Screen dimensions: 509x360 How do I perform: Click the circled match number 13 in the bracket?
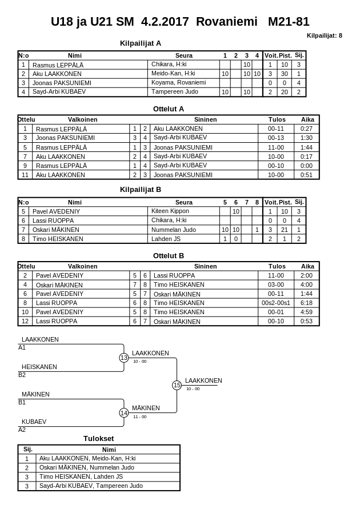[x=124, y=358]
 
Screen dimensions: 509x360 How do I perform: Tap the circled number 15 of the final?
[x=177, y=385]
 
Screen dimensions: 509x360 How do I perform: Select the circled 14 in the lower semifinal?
[x=124, y=412]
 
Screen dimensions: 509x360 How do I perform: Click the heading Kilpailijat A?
[x=141, y=43]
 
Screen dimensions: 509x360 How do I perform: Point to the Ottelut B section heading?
[x=169, y=255]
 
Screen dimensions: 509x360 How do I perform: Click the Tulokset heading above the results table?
[x=99, y=438]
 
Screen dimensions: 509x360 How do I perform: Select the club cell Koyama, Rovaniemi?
[x=177, y=82]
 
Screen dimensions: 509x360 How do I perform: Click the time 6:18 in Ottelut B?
[x=307, y=303]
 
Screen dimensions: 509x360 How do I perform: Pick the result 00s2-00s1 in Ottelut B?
[x=276, y=303]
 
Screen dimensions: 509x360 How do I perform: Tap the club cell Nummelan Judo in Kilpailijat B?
[x=174, y=230]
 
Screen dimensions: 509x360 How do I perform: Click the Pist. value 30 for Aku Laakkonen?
[x=285, y=74]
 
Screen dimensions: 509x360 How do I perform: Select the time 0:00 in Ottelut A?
[x=307, y=166]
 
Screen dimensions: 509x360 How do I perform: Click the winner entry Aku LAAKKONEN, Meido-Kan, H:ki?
[x=87, y=458]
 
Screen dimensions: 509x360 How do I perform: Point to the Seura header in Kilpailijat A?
[x=183, y=55]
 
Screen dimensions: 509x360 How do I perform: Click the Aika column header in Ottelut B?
[x=307, y=266]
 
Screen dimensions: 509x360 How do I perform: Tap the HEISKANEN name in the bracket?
[x=39, y=367]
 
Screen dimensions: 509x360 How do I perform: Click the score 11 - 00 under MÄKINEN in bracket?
[x=139, y=416]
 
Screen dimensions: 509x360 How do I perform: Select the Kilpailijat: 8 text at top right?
[x=324, y=35]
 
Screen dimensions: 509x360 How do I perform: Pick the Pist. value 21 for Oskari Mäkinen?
[x=285, y=230]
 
